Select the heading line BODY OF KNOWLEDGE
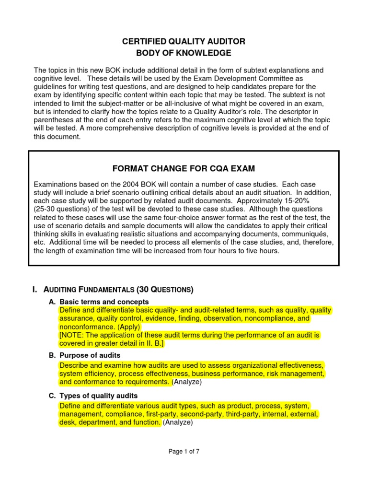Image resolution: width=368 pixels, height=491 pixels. pyautogui.click(x=184, y=52)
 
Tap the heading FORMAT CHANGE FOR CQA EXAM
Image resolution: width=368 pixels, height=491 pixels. pyautogui.click(x=184, y=168)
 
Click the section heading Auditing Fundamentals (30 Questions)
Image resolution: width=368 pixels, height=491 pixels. pyautogui.click(x=113, y=289)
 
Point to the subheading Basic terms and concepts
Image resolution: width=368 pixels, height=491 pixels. pyautogui.click(x=104, y=302)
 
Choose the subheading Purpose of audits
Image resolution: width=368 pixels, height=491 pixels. pyautogui.click(x=90, y=355)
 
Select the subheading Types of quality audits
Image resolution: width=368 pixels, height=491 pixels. pyautogui.click(x=98, y=396)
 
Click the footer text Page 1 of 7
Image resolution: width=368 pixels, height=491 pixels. pyautogui.click(x=184, y=451)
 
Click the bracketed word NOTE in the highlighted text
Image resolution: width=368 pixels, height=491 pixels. pyautogui.click(x=73, y=335)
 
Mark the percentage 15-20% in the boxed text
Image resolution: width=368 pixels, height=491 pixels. pyautogui.click(x=317, y=201)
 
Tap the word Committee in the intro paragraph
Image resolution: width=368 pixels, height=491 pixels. pyautogui.click(x=272, y=78)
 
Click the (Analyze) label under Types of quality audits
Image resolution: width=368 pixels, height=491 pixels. pyautogui.click(x=178, y=422)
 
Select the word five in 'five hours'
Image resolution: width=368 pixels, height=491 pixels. pyautogui.click(x=242, y=251)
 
